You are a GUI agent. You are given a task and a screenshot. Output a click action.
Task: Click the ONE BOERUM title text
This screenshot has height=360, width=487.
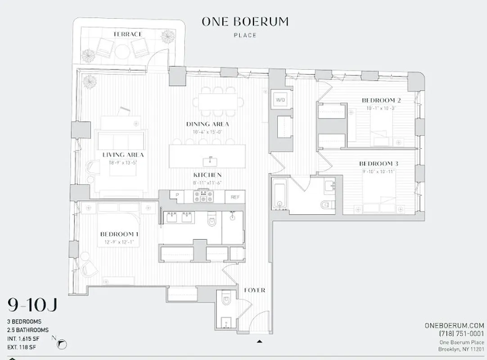245,22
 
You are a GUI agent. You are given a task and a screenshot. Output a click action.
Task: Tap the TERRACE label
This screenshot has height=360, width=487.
128,34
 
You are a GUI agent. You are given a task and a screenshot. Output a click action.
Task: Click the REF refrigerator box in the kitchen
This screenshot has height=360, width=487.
235,197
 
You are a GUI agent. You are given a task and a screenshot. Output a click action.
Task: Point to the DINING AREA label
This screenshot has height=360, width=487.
207,124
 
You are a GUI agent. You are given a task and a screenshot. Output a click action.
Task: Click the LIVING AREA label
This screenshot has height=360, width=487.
120,155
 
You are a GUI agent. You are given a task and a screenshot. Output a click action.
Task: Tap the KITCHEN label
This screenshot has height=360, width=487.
207,175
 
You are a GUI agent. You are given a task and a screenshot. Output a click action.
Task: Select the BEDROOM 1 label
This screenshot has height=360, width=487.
119,234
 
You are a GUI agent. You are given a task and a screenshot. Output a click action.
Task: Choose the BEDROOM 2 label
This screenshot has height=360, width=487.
381,100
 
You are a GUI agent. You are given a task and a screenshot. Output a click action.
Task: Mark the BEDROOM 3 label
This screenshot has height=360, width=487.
379,164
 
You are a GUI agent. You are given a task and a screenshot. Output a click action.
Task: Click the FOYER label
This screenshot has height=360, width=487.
255,290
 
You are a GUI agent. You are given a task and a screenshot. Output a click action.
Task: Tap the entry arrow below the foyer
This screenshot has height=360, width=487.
259,341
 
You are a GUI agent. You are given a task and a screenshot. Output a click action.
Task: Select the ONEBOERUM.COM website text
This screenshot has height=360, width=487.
454,325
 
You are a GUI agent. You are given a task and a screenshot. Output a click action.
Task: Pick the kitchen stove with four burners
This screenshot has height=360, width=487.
203,196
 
